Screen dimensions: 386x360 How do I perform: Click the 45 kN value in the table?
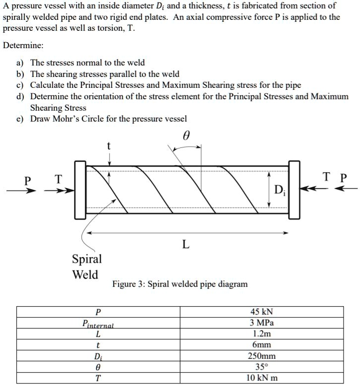262,312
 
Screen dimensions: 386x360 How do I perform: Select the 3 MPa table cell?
262,323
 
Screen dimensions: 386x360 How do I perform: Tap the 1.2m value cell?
262,334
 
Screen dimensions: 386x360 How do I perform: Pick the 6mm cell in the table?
262,345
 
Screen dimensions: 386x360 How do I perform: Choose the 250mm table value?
262,356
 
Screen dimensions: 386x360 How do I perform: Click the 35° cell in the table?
262,367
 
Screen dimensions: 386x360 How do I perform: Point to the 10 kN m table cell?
262,378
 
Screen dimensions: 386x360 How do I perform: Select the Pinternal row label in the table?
98,323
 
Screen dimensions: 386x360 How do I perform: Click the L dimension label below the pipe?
186,244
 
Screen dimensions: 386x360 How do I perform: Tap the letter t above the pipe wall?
109,146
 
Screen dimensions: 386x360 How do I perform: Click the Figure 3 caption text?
180,284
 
